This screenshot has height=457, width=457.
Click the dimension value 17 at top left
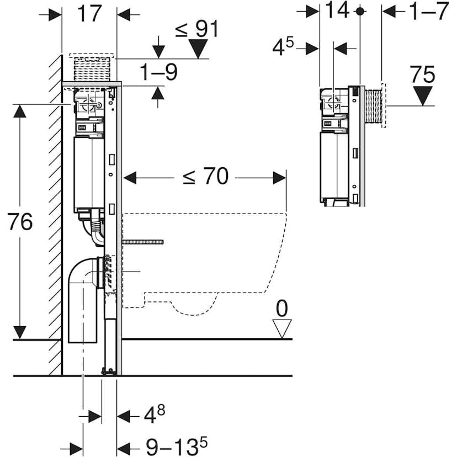click(x=90, y=13)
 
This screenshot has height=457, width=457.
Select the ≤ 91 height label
click(x=196, y=29)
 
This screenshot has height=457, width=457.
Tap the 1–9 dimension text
click(x=158, y=72)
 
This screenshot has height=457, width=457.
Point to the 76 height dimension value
click(x=20, y=222)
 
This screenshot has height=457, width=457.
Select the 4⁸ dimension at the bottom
click(x=154, y=414)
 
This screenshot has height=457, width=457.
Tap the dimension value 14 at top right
click(x=338, y=10)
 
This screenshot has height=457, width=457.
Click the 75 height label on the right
click(x=423, y=75)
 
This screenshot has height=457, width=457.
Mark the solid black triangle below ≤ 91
click(x=198, y=49)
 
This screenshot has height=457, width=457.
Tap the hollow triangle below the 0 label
click(x=283, y=330)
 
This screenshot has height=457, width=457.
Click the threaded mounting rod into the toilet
click(x=142, y=242)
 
